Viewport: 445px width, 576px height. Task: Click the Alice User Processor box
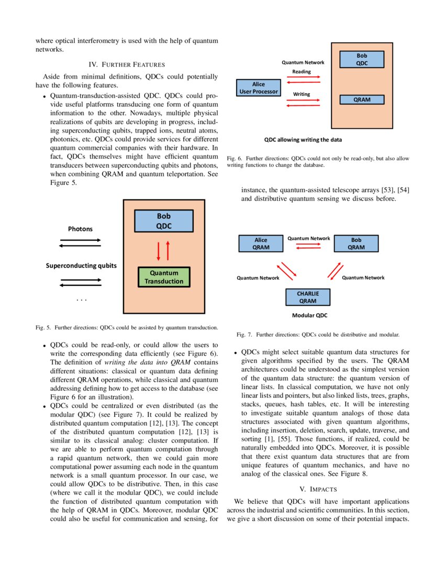point(259,88)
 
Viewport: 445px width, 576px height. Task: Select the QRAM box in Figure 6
point(362,99)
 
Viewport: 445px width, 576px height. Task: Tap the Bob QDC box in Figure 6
point(362,59)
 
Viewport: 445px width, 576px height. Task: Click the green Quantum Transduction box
point(163,277)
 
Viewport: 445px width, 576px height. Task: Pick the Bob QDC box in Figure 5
point(163,221)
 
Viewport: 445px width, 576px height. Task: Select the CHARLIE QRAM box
point(308,297)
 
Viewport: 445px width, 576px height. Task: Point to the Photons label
point(80,229)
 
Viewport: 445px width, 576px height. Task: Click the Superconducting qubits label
point(81,265)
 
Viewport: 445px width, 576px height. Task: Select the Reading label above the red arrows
point(302,72)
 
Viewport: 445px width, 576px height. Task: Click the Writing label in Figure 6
point(302,94)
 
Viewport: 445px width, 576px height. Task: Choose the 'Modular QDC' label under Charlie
point(309,316)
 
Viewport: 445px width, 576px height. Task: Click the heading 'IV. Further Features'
point(127,65)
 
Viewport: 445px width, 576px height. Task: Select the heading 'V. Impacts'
point(318,489)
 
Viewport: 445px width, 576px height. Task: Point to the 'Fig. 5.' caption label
point(43,328)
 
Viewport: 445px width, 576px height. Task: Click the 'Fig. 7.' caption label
point(244,334)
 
